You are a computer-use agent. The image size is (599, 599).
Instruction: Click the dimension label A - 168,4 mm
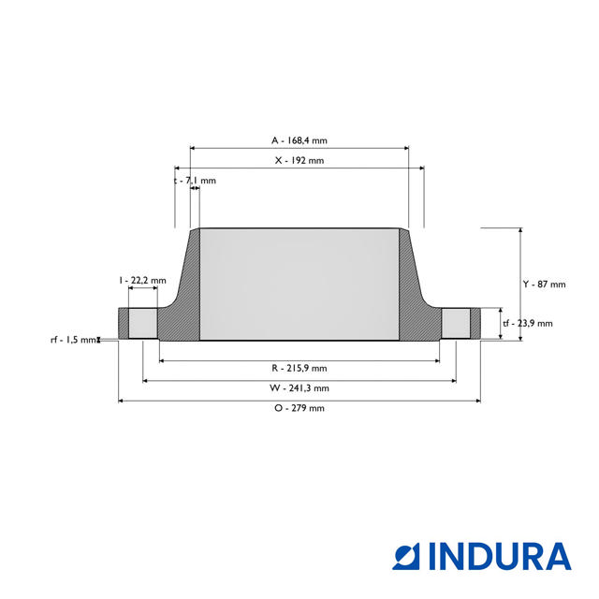tap(299, 140)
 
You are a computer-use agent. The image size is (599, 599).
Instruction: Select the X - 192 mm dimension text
tap(299, 161)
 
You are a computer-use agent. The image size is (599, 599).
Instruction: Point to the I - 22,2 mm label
tap(142, 280)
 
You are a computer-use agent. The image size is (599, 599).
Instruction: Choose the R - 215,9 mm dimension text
tap(299, 368)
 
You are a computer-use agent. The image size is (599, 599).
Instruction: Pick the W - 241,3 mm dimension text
tap(299, 387)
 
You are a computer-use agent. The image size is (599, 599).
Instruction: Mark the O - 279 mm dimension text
tap(299, 408)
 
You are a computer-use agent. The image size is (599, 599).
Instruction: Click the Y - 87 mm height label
tap(544, 285)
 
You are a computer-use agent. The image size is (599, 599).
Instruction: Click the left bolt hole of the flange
tap(142, 324)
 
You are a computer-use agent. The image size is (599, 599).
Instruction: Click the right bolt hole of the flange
tap(456, 324)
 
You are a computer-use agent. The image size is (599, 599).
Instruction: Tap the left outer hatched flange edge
tap(123, 323)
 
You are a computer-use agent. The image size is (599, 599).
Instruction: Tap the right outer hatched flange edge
tap(475, 323)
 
